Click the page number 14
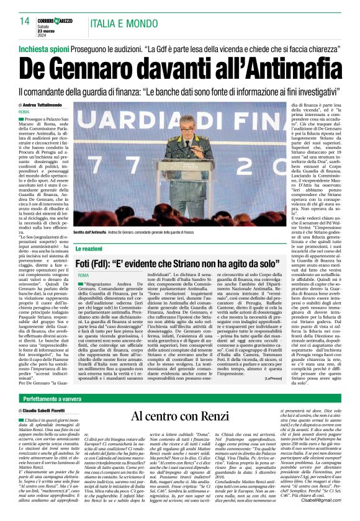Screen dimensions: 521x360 pyautogui.click(x=25, y=21)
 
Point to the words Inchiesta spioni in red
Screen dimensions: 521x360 pyautogui.click(x=41, y=48)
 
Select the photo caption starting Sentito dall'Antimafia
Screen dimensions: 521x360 pyautogui.click(x=93, y=232)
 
